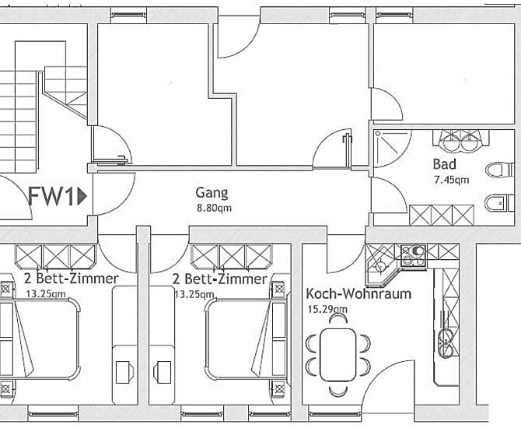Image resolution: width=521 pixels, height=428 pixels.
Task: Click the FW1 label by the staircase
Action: click(x=51, y=196)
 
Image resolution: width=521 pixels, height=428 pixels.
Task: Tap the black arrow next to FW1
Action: click(x=82, y=196)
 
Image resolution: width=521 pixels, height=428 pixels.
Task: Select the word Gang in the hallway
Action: click(x=212, y=193)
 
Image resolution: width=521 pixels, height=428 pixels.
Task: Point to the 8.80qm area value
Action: click(x=214, y=209)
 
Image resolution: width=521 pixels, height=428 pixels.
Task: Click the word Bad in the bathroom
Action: click(x=445, y=164)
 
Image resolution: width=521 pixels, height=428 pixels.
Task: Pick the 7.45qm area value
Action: click(x=452, y=180)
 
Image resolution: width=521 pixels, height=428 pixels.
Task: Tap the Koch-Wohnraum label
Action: click(x=358, y=294)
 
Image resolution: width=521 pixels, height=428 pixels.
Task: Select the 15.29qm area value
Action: click(x=327, y=310)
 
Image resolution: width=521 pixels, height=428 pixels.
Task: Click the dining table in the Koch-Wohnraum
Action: click(x=338, y=355)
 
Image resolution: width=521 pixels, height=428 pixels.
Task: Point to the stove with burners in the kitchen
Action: click(x=414, y=255)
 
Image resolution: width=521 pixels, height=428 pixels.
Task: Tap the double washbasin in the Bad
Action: click(x=460, y=142)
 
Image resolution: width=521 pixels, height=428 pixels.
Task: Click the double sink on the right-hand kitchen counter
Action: click(x=446, y=343)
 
